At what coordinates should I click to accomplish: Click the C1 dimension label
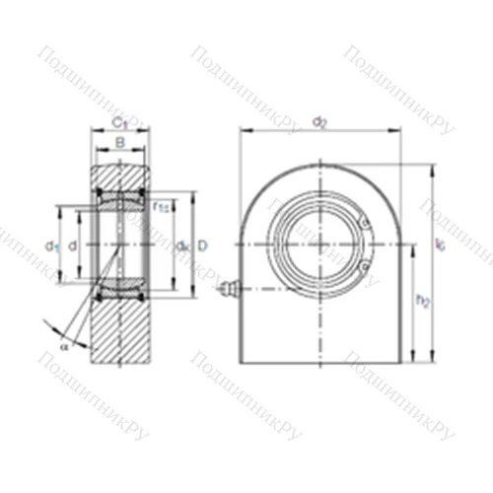tap(118, 123)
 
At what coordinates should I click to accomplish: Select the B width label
tap(118, 144)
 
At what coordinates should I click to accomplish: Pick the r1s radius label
tap(162, 206)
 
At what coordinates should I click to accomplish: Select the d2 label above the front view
tap(319, 121)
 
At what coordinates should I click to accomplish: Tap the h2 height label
tap(421, 301)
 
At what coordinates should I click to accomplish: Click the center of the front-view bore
tap(318, 244)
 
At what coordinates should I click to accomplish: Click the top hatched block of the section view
tap(118, 178)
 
